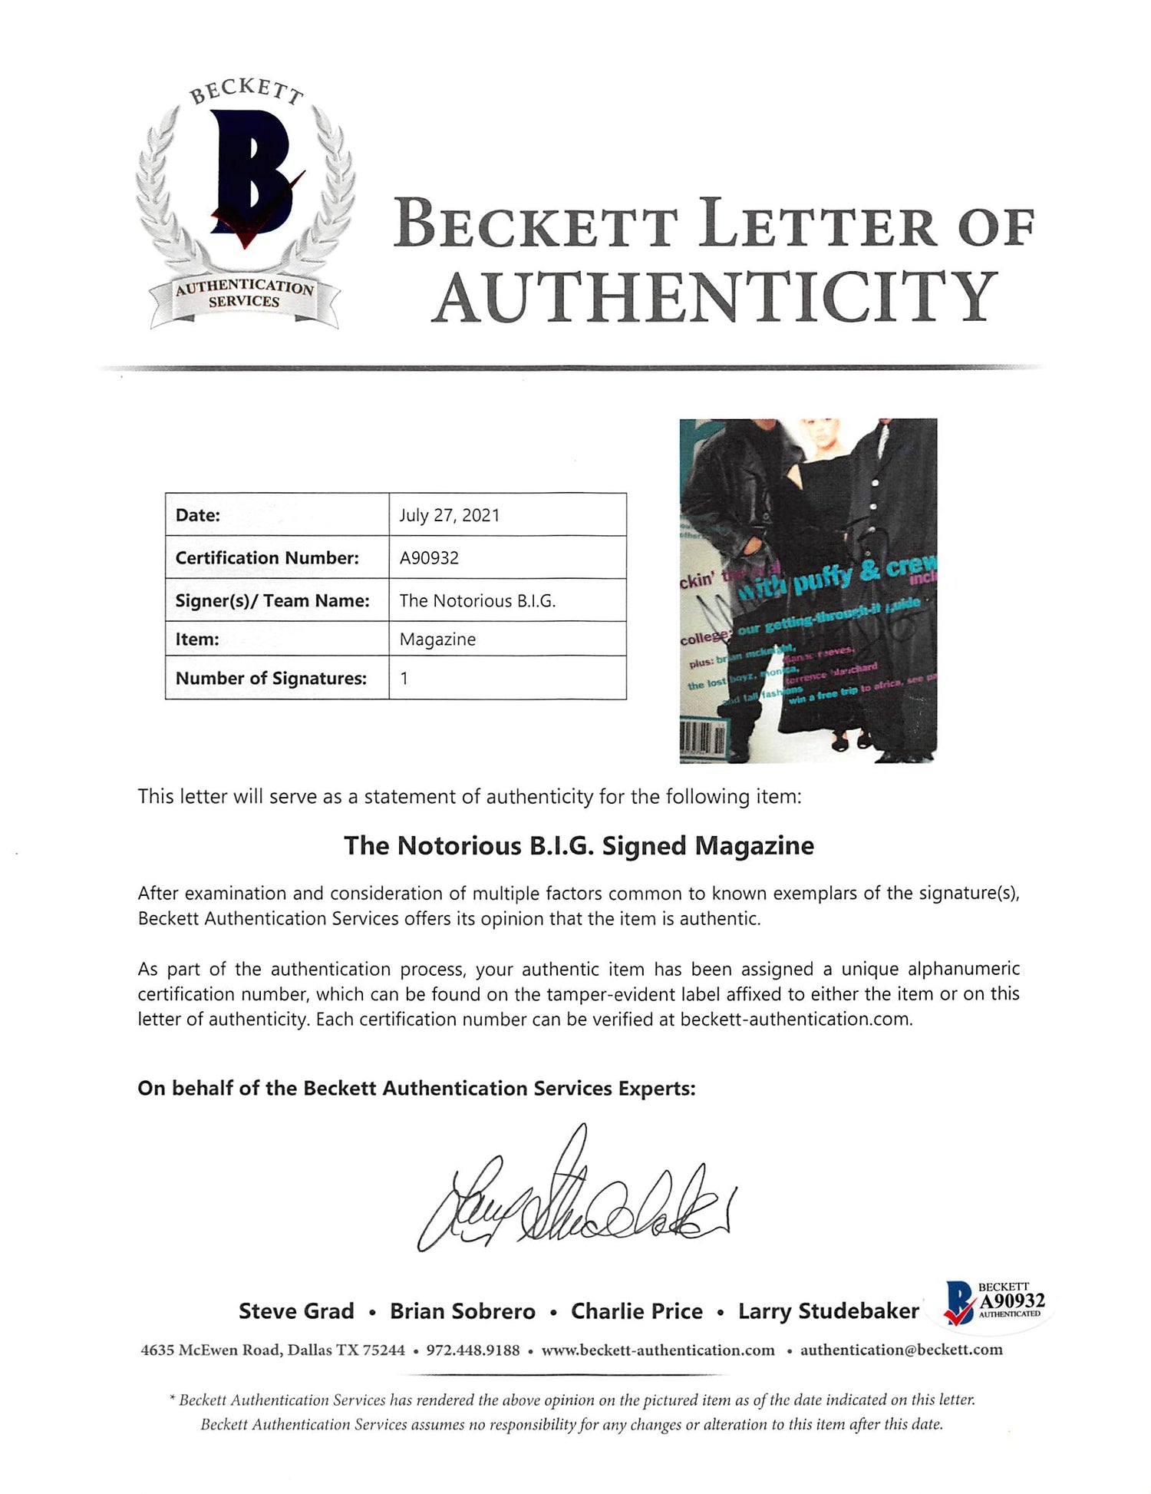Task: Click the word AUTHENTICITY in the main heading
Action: [x=716, y=298]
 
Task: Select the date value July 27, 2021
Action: [x=449, y=515]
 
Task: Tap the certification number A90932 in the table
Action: [x=429, y=558]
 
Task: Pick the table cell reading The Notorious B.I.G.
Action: [x=477, y=601]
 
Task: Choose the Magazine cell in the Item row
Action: [x=437, y=640]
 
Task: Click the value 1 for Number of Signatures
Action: [x=404, y=679]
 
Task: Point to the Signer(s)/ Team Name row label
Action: [x=272, y=601]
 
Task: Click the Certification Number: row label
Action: [x=267, y=558]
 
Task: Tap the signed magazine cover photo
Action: [x=808, y=590]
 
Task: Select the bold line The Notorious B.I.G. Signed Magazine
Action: [x=579, y=846]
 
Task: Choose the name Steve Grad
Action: [x=296, y=1311]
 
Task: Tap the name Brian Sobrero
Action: [x=463, y=1311]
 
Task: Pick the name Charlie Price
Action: [x=637, y=1311]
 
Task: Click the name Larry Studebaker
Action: [x=829, y=1311]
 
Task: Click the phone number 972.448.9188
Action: [x=473, y=1350]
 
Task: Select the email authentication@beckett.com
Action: [x=902, y=1350]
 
